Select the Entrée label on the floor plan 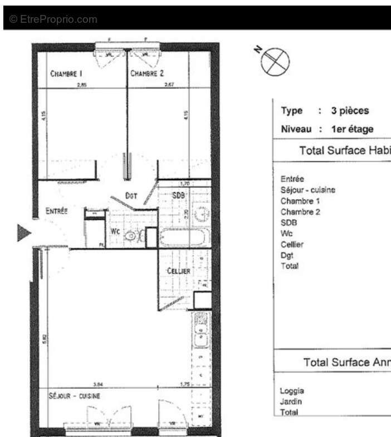pyautogui.click(x=57, y=211)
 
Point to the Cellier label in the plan pyautogui.click(x=178, y=271)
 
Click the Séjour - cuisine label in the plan pyautogui.click(x=74, y=396)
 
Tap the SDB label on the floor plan pyautogui.click(x=178, y=196)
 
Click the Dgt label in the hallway pyautogui.click(x=131, y=196)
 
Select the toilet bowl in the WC pyautogui.click(x=131, y=236)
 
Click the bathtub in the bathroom pyautogui.click(x=184, y=238)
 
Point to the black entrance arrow pyautogui.click(x=23, y=233)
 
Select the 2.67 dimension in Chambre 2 pyautogui.click(x=169, y=85)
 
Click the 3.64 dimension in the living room pyautogui.click(x=98, y=384)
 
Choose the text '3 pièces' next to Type pyautogui.click(x=350, y=111)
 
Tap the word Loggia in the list pyautogui.click(x=292, y=391)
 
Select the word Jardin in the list pyautogui.click(x=291, y=401)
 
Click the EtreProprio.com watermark pyautogui.click(x=53, y=19)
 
